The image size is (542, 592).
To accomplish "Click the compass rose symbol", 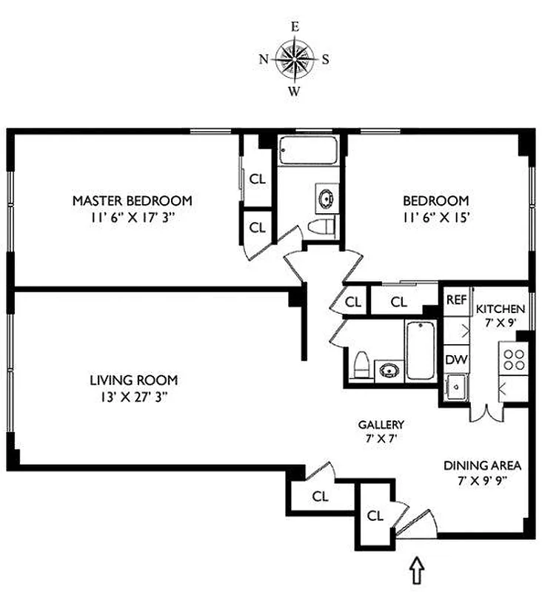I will coord(294,59).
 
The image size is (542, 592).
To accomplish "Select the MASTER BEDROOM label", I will coord(132,201).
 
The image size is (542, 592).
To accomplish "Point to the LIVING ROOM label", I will coord(133,380).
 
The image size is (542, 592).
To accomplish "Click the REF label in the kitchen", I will coord(455,300).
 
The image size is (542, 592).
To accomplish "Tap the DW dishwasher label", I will coord(454,359).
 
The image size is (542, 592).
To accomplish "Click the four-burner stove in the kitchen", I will coord(514,360).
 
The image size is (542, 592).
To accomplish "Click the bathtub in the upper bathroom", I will coord(307,152).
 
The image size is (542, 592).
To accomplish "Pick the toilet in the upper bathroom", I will coord(322,226).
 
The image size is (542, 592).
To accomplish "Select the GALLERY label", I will coord(381,425).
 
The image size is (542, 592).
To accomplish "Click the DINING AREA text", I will coord(483,466).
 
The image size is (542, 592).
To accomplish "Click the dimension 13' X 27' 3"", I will coord(133,397).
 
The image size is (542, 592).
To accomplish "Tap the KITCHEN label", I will coord(501,309).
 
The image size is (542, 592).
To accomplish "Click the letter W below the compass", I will coord(294,92).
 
